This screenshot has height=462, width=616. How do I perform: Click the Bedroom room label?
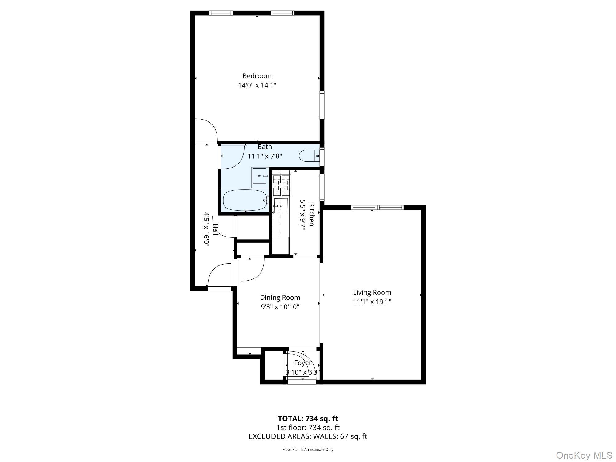[x=257, y=76]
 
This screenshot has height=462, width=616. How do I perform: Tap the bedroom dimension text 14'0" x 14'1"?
[x=257, y=85]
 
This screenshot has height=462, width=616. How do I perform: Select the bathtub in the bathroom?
[x=245, y=200]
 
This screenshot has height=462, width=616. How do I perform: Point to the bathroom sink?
[x=260, y=176]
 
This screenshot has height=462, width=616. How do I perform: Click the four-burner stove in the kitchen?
[x=282, y=185]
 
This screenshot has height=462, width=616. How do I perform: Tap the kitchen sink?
[x=281, y=205]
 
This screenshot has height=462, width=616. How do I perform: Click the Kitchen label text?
[x=312, y=215]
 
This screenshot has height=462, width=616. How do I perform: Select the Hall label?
[x=216, y=230]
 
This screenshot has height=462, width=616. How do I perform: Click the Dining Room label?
[x=280, y=298]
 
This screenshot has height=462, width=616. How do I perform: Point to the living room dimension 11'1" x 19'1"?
[x=372, y=302]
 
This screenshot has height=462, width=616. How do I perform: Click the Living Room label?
[x=372, y=292]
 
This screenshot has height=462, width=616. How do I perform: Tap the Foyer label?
[x=302, y=363]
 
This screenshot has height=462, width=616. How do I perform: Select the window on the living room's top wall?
[x=377, y=208]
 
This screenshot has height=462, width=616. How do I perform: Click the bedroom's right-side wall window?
[x=322, y=105]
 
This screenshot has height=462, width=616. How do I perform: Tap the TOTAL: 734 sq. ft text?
[x=308, y=419]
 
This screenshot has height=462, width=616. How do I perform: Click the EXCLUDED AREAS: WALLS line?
[x=308, y=436]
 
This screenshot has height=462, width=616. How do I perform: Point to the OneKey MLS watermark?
[x=584, y=455]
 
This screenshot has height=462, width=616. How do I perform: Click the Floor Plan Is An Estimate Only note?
[x=308, y=449]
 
